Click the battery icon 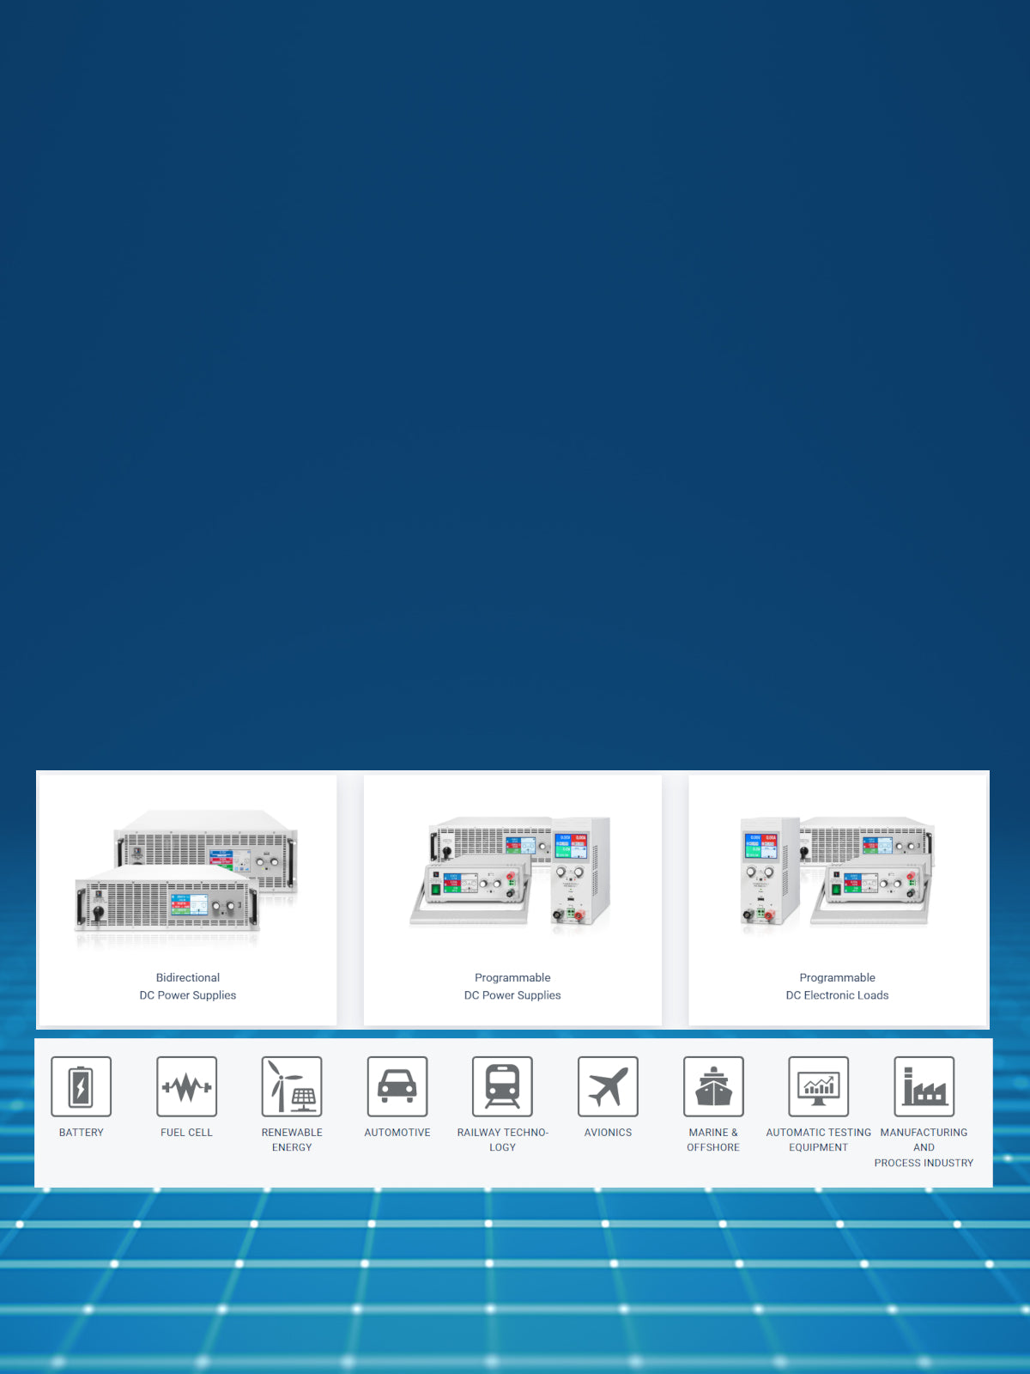pyautogui.click(x=82, y=1086)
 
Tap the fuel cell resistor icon pyautogui.click(x=186, y=1086)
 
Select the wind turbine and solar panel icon pyautogui.click(x=292, y=1086)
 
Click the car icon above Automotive pyautogui.click(x=397, y=1086)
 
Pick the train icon pyautogui.click(x=502, y=1086)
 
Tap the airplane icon pyautogui.click(x=608, y=1086)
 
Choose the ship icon pyautogui.click(x=713, y=1086)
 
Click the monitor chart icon pyautogui.click(x=819, y=1086)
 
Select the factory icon pyautogui.click(x=924, y=1086)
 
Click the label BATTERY pyautogui.click(x=82, y=1133)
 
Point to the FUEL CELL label pyautogui.click(x=186, y=1133)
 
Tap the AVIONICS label pyautogui.click(x=608, y=1133)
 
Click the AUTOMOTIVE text pyautogui.click(x=397, y=1133)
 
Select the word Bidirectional pyautogui.click(x=188, y=977)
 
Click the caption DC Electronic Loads pyautogui.click(x=837, y=995)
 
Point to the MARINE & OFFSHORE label pyautogui.click(x=713, y=1140)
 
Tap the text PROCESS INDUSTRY pyautogui.click(x=924, y=1163)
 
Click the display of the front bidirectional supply pyautogui.click(x=189, y=905)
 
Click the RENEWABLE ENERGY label pyautogui.click(x=292, y=1140)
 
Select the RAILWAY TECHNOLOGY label pyautogui.click(x=502, y=1140)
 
